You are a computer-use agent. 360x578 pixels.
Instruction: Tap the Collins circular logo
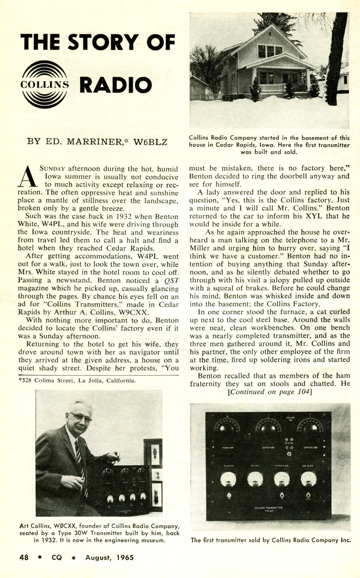click(x=44, y=84)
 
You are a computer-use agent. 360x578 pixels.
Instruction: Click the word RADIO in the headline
click(x=116, y=85)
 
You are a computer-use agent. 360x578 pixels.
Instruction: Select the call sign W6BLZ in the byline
click(x=150, y=142)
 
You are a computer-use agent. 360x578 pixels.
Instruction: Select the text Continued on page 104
click(x=270, y=392)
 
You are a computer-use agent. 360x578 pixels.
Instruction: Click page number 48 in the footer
click(x=24, y=557)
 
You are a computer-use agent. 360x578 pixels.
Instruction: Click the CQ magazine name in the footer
click(x=57, y=557)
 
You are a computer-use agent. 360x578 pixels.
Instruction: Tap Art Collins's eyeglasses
click(x=81, y=417)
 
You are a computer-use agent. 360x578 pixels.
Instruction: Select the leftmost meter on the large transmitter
click(x=228, y=479)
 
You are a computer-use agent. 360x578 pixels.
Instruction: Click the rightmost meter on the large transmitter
click(x=308, y=479)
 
